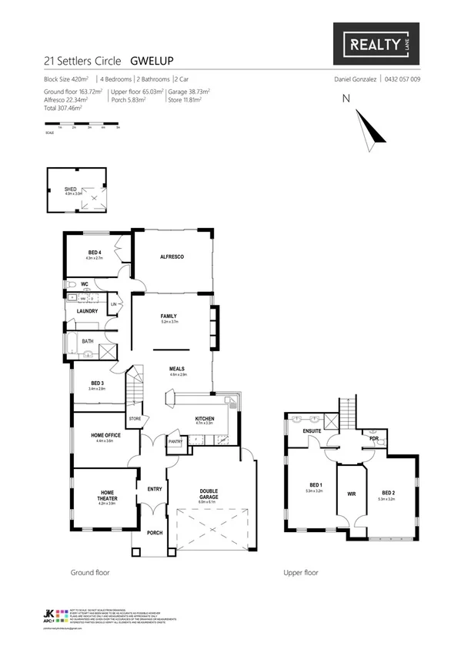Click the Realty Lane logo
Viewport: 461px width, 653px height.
pyautogui.click(x=376, y=45)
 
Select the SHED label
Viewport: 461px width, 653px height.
pyautogui.click(x=71, y=189)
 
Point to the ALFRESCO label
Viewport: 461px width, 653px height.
pyautogui.click(x=171, y=256)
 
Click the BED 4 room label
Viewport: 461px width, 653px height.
pyautogui.click(x=93, y=253)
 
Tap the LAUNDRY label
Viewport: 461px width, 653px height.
pyautogui.click(x=87, y=311)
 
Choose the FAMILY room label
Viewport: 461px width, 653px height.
pyautogui.click(x=169, y=316)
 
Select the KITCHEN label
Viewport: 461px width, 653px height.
pyautogui.click(x=205, y=418)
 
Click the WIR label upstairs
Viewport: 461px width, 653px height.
pyautogui.click(x=351, y=493)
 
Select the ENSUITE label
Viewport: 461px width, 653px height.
pyautogui.click(x=312, y=430)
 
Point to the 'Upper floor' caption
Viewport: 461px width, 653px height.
pyautogui.click(x=301, y=572)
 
